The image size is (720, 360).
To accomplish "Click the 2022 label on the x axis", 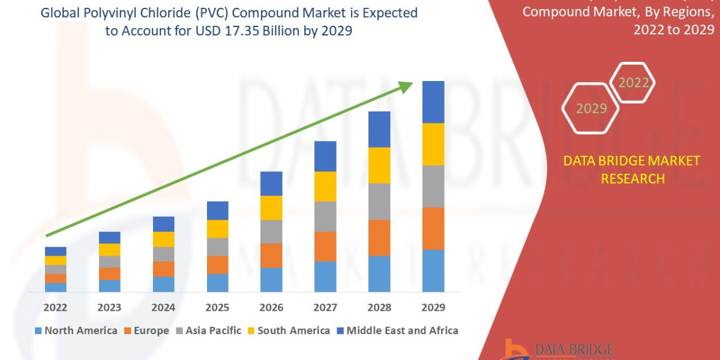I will tap(55, 307).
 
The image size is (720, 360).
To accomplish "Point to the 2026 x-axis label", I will tap(271, 307).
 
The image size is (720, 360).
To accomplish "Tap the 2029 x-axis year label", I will tap(433, 307).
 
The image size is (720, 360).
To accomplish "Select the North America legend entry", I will tap(76, 331).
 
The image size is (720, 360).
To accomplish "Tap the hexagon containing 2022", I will tap(633, 83).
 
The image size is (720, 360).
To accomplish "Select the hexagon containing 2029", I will tap(591, 109).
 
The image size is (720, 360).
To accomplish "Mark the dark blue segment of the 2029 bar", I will tap(433, 102).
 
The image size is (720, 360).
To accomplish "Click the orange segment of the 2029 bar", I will tap(433, 229).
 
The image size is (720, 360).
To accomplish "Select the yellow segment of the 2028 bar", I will tap(379, 165).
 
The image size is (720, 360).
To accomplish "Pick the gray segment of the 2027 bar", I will tap(325, 217).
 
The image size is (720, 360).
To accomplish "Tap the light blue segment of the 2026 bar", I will tap(271, 280).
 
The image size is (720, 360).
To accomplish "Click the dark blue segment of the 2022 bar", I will tap(55, 251).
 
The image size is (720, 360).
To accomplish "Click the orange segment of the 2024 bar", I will tap(163, 269).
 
